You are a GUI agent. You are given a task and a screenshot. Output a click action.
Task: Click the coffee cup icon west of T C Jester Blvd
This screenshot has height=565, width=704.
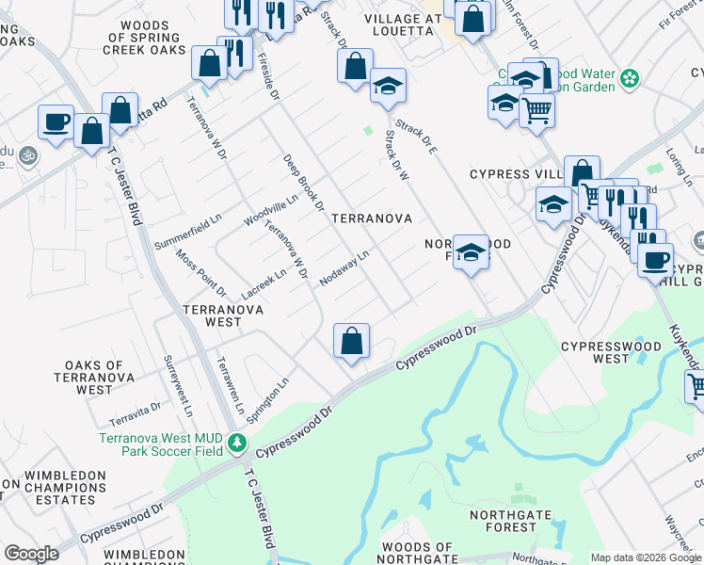56,122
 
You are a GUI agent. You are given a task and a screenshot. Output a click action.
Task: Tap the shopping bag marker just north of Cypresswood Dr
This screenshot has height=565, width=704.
351,341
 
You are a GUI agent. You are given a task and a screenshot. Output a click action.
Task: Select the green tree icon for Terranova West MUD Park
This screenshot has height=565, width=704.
238,442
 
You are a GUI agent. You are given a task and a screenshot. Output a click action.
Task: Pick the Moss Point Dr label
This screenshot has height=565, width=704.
200,272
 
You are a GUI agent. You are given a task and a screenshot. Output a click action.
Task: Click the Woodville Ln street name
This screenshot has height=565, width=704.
270,210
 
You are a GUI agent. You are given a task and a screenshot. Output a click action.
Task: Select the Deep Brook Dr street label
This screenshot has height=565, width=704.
303,182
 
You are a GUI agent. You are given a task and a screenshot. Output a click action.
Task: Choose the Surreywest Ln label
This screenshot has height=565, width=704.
179,386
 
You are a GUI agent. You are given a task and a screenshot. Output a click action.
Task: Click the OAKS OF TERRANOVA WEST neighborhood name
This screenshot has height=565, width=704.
94,377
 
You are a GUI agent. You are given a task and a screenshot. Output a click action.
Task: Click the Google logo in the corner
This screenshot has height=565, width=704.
31,554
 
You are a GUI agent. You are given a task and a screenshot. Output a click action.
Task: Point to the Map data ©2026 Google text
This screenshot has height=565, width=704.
646,557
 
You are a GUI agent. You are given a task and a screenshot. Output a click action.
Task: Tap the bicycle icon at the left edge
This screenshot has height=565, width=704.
28,153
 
